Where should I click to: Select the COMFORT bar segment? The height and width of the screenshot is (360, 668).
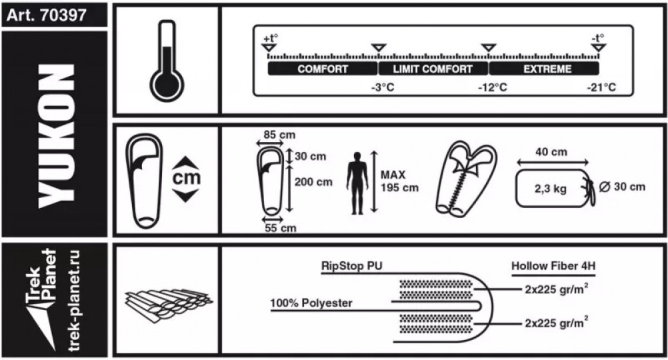coord(323,69)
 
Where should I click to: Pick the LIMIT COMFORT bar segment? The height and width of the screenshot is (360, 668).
coord(433,69)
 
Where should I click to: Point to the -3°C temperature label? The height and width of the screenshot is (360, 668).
coord(383,87)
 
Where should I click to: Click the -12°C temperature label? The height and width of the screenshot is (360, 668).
coord(493,87)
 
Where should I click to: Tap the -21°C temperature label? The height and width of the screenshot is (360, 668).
coord(601,87)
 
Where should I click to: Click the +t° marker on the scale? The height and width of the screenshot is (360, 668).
coord(269,39)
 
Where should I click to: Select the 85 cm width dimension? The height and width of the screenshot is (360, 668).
coord(279,135)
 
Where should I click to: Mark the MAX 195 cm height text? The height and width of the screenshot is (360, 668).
coord(399,181)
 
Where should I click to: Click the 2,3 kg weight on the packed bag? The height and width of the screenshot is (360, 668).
coord(551,189)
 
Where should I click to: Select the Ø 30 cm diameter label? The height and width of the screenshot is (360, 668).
coord(623,187)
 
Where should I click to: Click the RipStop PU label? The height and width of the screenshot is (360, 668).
coord(351,265)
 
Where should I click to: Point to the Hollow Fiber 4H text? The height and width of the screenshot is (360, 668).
coord(553,265)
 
